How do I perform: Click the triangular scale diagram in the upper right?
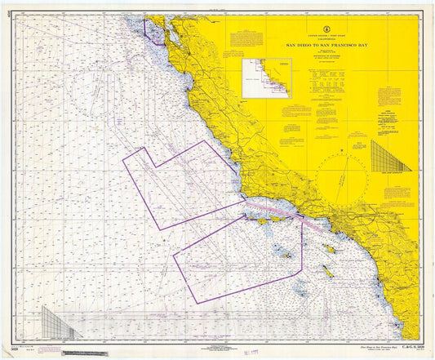click(390, 156)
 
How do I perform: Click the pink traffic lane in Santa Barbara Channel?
click(277, 213)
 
